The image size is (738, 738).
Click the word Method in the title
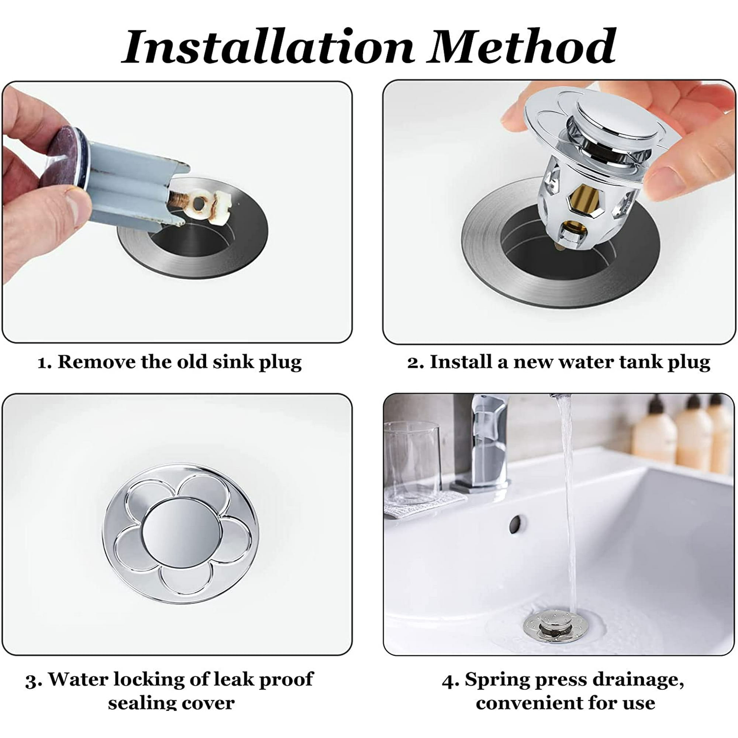(521, 48)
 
